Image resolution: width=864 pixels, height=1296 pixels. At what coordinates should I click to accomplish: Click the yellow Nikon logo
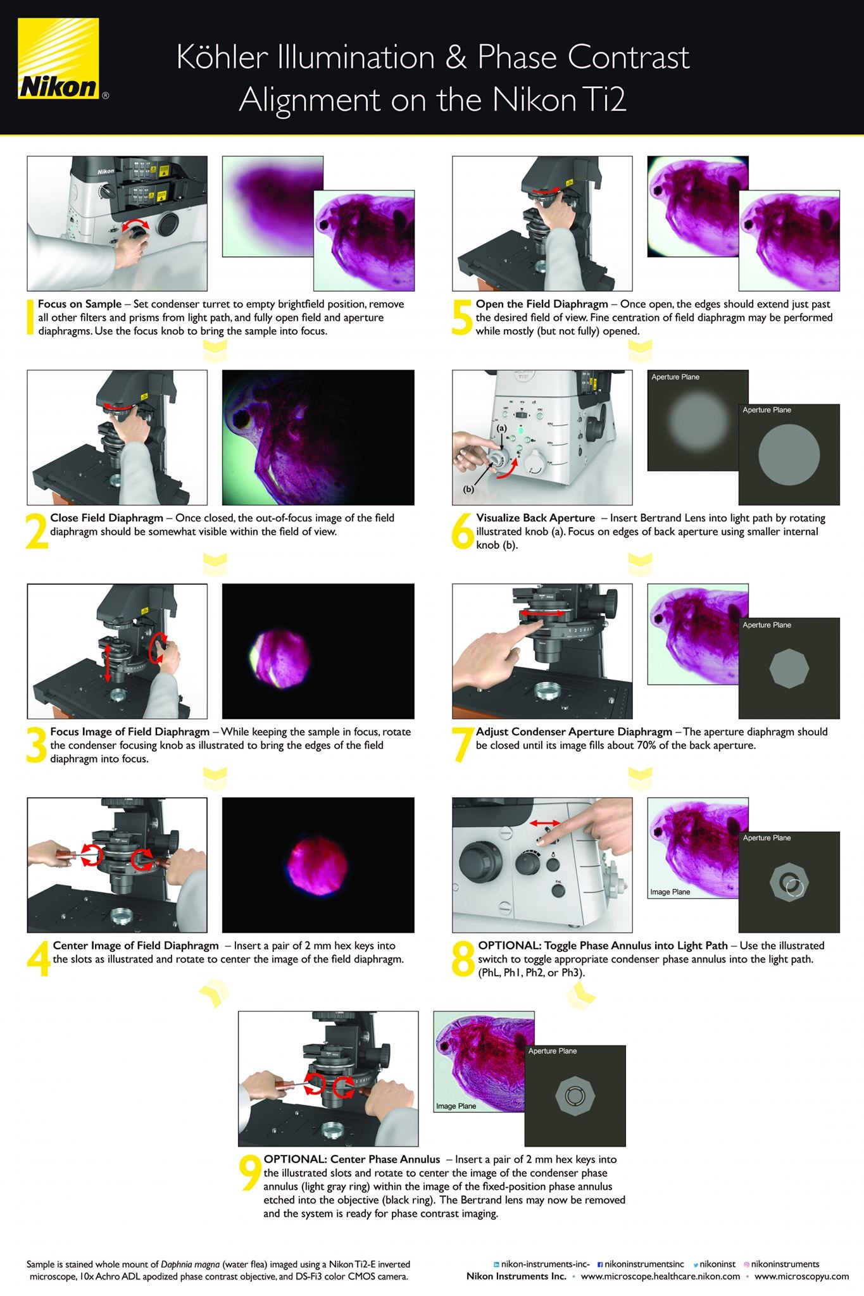pos(58,59)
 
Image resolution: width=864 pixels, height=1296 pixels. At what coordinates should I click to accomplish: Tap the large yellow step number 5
pos(462,317)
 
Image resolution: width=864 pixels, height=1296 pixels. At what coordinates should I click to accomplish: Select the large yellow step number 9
pos(250,1173)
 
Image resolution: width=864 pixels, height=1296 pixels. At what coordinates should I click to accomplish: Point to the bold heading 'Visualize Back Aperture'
pos(535,518)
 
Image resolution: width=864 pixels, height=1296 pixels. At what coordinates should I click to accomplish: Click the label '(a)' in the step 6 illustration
pos(501,428)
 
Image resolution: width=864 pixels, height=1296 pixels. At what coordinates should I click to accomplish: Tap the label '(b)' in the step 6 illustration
pos(468,489)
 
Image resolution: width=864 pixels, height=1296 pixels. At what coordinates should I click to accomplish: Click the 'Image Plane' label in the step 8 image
pos(670,892)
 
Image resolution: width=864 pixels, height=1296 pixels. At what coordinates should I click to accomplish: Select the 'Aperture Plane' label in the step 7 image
pos(767,625)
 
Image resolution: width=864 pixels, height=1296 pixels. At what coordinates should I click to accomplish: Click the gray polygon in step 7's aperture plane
pos(789,668)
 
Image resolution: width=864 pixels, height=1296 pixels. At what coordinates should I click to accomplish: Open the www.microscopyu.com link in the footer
pos(801,1276)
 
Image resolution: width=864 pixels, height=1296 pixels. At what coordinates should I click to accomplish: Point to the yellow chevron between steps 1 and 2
pos(216,351)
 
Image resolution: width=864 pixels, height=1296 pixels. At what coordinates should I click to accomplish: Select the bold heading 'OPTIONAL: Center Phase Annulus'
pos(352,1160)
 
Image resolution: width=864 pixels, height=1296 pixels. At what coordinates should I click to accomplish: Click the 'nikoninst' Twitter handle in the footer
pos(717,1264)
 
